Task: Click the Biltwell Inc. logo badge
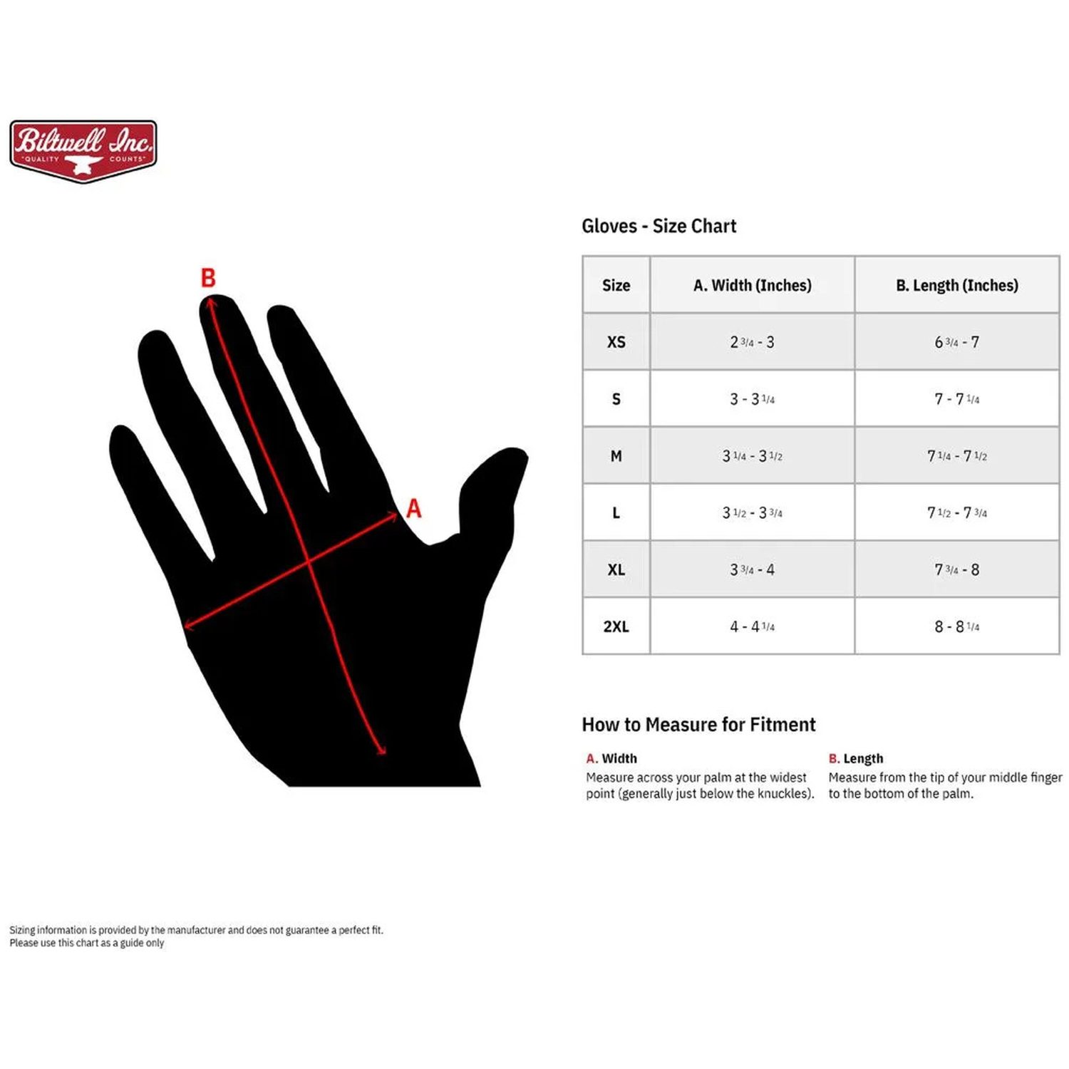pyautogui.click(x=83, y=151)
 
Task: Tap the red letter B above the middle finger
pyautogui.click(x=208, y=277)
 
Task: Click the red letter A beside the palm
pyautogui.click(x=413, y=508)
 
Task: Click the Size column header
pyautogui.click(x=616, y=285)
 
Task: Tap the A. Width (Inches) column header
pyautogui.click(x=752, y=285)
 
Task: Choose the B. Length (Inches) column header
pyautogui.click(x=956, y=285)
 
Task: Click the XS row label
pyautogui.click(x=616, y=342)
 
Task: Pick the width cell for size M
pyautogui.click(x=752, y=455)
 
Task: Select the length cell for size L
pyautogui.click(x=956, y=512)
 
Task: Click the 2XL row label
pyautogui.click(x=616, y=626)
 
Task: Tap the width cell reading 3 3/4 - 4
pyautogui.click(x=752, y=569)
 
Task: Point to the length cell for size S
pyautogui.click(x=956, y=399)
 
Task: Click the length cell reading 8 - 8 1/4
pyautogui.click(x=956, y=626)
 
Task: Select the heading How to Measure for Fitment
pyautogui.click(x=698, y=725)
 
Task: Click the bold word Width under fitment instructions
pyautogui.click(x=619, y=758)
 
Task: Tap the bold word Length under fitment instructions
pyautogui.click(x=863, y=759)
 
